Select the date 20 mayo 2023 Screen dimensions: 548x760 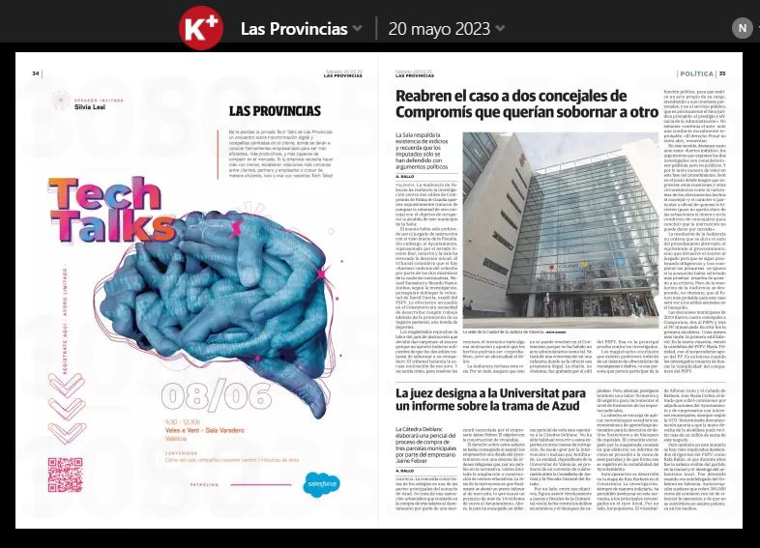click(437, 27)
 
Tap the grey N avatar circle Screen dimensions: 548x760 click(742, 27)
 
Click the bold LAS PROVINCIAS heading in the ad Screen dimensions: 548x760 click(275, 111)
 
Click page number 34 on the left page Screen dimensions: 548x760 click(36, 73)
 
